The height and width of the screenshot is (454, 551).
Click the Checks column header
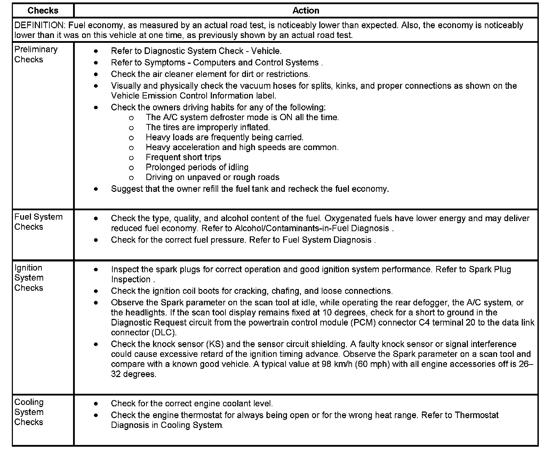coord(43,10)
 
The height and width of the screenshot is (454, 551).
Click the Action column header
coord(306,10)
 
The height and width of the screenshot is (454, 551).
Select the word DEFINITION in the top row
coord(40,25)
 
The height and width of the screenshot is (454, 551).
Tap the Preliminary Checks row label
coord(35,54)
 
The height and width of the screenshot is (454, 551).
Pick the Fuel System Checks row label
coord(38,222)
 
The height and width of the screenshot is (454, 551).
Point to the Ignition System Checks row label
coord(29,278)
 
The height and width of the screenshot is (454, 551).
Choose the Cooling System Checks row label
coord(29,412)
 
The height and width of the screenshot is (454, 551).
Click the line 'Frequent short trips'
coord(183,157)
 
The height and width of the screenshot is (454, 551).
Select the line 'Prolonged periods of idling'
coord(197,167)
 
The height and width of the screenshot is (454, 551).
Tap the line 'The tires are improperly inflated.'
coord(208,127)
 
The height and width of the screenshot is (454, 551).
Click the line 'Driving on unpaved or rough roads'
coord(213,177)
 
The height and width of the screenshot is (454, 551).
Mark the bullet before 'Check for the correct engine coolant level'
coord(96,404)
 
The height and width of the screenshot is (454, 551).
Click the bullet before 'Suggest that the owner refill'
coord(96,189)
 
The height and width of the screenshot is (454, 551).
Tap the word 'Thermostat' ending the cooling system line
coord(476,415)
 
